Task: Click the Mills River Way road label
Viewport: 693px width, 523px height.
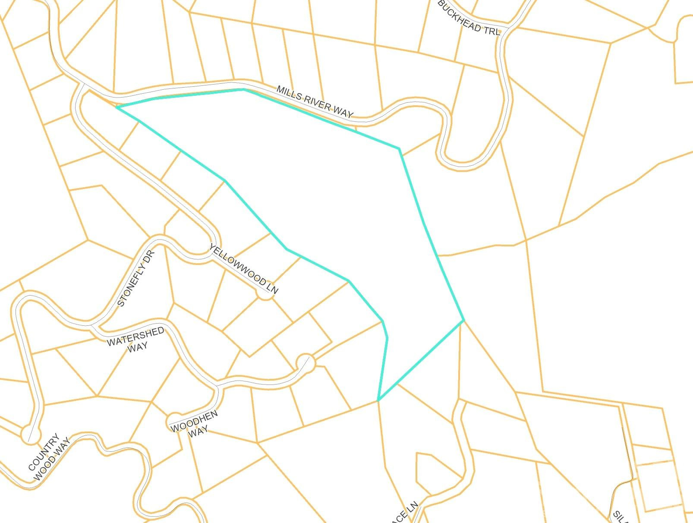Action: pyautogui.click(x=315, y=102)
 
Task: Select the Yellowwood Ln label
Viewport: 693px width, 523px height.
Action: pyautogui.click(x=244, y=269)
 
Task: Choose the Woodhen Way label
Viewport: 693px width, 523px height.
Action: pyautogui.click(x=194, y=422)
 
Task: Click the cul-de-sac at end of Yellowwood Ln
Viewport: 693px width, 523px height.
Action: pyautogui.click(x=265, y=293)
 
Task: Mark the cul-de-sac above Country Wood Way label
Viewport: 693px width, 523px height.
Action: pyautogui.click(x=30, y=433)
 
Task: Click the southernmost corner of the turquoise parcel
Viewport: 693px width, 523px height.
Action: pyautogui.click(x=378, y=400)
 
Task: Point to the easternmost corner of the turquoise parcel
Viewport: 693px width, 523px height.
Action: pyautogui.click(x=463, y=320)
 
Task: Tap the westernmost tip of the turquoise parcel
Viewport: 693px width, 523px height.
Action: pyautogui.click(x=117, y=107)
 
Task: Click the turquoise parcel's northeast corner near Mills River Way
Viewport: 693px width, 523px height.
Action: pyautogui.click(x=399, y=149)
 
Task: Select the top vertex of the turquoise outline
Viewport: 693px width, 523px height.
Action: pyautogui.click(x=244, y=89)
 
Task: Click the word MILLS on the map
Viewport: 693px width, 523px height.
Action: pyautogui.click(x=287, y=92)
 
